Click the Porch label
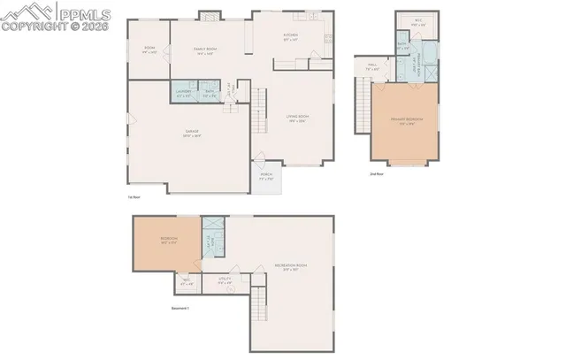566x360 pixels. coord(266,176)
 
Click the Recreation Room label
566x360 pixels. coord(289,266)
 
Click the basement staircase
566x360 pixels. coord(258,306)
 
